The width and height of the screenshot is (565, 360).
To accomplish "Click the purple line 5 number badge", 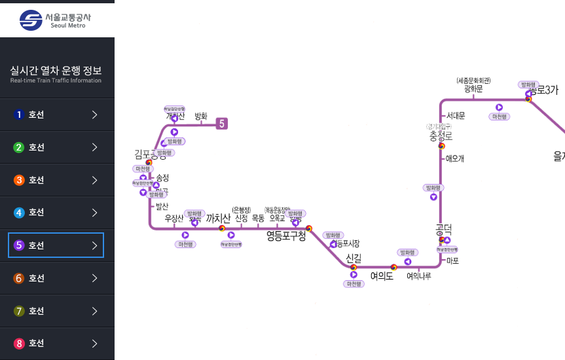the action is pos(222,123).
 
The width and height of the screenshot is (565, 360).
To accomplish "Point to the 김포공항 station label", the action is pos(150,154).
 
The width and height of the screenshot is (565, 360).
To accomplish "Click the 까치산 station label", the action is pos(219,218).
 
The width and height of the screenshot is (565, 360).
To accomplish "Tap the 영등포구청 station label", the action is pos(286,236).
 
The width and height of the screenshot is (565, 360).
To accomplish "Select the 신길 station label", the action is pos(354,258).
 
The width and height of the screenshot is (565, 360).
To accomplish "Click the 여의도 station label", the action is pos(381,276).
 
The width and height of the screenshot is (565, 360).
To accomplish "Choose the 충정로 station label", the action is pos(441,135).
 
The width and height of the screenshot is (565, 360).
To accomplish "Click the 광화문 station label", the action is pos(473,89).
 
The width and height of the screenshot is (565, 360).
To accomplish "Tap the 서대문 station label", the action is pos(456,116).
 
